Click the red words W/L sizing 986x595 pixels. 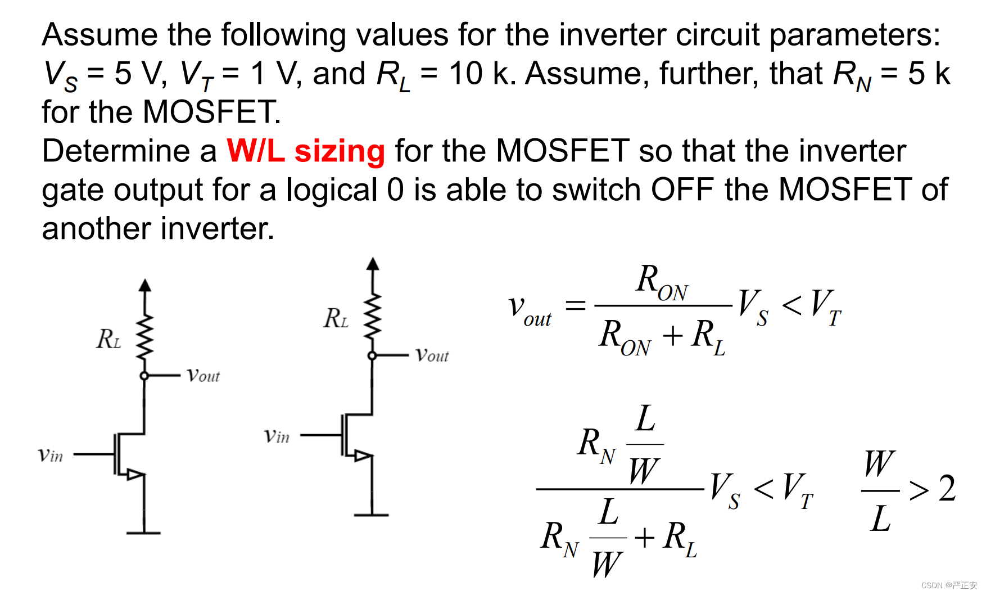(305, 151)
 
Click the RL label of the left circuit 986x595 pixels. (109, 339)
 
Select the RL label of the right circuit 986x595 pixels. (336, 318)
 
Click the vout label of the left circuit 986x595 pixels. (203, 375)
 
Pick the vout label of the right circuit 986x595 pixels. (432, 355)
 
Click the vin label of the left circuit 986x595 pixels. (51, 454)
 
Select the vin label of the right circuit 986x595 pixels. (277, 436)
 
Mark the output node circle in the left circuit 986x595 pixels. (144, 376)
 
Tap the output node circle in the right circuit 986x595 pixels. (372, 355)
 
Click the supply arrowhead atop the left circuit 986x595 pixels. (145, 285)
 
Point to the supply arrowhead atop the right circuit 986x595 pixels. (372, 264)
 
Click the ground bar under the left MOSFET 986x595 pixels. (144, 533)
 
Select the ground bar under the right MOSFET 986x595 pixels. (371, 515)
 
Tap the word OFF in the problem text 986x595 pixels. (682, 190)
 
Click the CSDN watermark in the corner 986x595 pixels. (949, 585)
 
